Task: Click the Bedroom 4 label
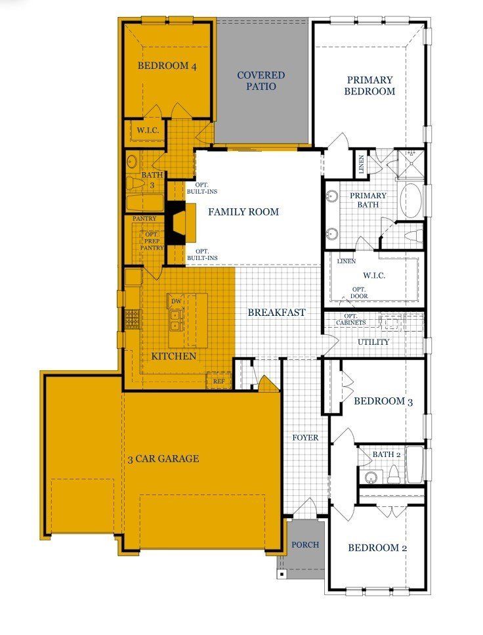pyautogui.click(x=167, y=66)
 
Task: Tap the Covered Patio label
pyautogui.click(x=261, y=81)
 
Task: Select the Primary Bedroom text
pyautogui.click(x=369, y=85)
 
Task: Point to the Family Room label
pyautogui.click(x=243, y=211)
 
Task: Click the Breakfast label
pyautogui.click(x=276, y=312)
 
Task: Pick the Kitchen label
pyautogui.click(x=174, y=356)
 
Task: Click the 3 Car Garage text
pyautogui.click(x=163, y=459)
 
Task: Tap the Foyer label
pyautogui.click(x=305, y=438)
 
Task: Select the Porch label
pyautogui.click(x=305, y=544)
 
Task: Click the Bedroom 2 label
pyautogui.click(x=377, y=548)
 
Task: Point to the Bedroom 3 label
pyautogui.click(x=383, y=401)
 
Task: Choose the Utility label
pyautogui.click(x=373, y=342)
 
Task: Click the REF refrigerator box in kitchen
pyautogui.click(x=219, y=381)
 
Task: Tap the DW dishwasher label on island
pyautogui.click(x=176, y=301)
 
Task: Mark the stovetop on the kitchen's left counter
pyautogui.click(x=133, y=318)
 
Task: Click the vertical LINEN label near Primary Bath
pyautogui.click(x=361, y=164)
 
